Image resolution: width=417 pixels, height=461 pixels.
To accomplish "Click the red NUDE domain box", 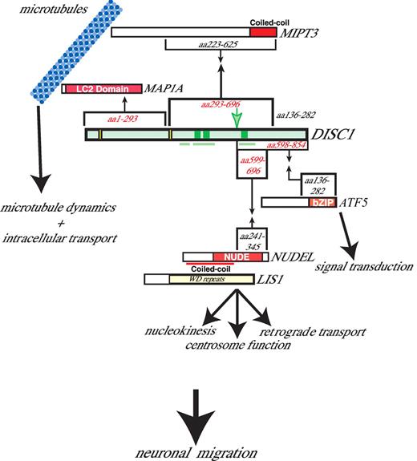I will point(238,256).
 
